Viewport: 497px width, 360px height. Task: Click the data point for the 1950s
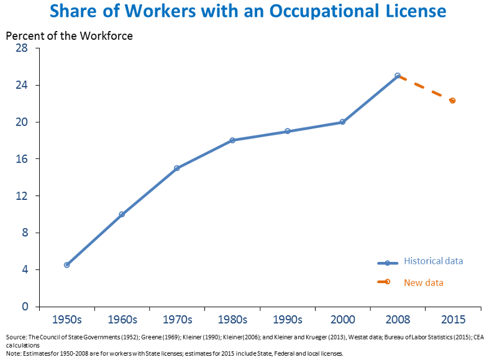(66, 265)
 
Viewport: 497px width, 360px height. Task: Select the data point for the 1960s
(122, 214)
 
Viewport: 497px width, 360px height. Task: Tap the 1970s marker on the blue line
(177, 168)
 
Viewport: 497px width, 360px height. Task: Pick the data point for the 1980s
(232, 140)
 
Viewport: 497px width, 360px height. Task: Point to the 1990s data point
(288, 131)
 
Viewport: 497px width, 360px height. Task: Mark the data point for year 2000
(342, 122)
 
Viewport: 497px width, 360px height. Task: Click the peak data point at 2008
(398, 76)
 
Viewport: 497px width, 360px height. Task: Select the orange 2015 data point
(452, 101)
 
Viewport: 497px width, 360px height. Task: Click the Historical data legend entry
(433, 261)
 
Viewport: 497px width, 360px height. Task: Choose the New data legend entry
(424, 282)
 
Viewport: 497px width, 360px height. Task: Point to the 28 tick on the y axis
(22, 48)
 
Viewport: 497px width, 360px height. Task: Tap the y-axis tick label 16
(22, 159)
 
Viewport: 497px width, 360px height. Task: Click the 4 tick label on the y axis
(25, 269)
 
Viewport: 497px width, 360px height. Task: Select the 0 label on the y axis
(25, 307)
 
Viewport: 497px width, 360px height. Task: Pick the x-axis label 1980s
(232, 320)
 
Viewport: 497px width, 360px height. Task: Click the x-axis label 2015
(453, 320)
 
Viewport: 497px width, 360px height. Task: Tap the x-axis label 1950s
(66, 320)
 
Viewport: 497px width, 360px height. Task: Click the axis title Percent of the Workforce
(69, 35)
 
